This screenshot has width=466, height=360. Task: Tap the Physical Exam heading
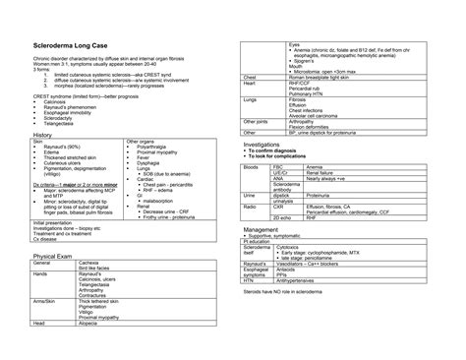(x=55, y=255)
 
